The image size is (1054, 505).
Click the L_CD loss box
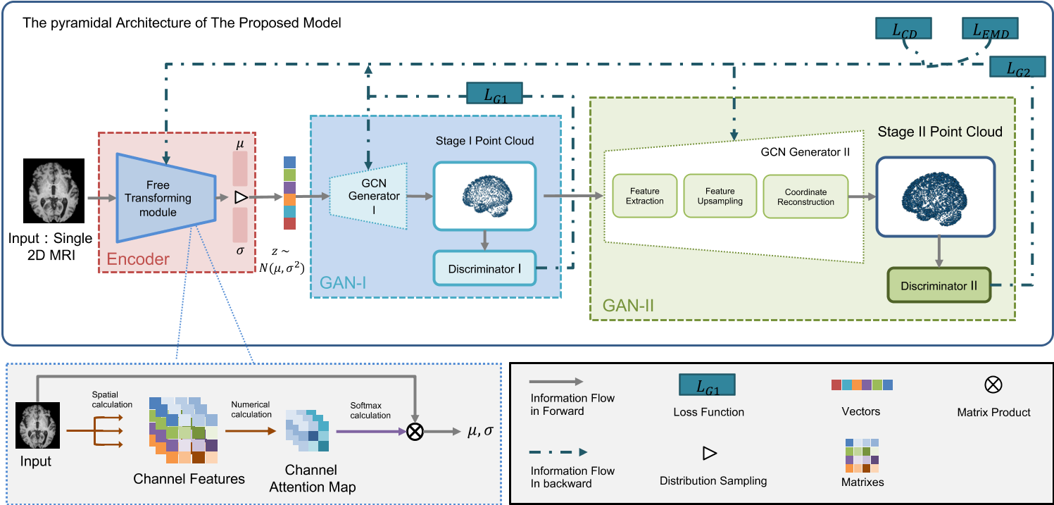(903, 29)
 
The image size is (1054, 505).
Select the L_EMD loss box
(990, 29)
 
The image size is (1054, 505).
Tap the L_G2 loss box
(1017, 68)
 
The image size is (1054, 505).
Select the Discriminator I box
(484, 269)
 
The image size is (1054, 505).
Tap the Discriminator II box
(939, 287)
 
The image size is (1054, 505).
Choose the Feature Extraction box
(644, 196)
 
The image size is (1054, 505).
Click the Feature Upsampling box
(720, 196)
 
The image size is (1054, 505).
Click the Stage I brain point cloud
(484, 196)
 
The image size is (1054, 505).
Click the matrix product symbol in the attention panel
(415, 431)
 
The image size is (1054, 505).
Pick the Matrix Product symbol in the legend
(993, 385)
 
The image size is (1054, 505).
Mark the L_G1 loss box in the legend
(708, 385)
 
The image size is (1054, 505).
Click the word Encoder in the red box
(138, 258)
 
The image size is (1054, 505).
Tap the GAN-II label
(628, 305)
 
